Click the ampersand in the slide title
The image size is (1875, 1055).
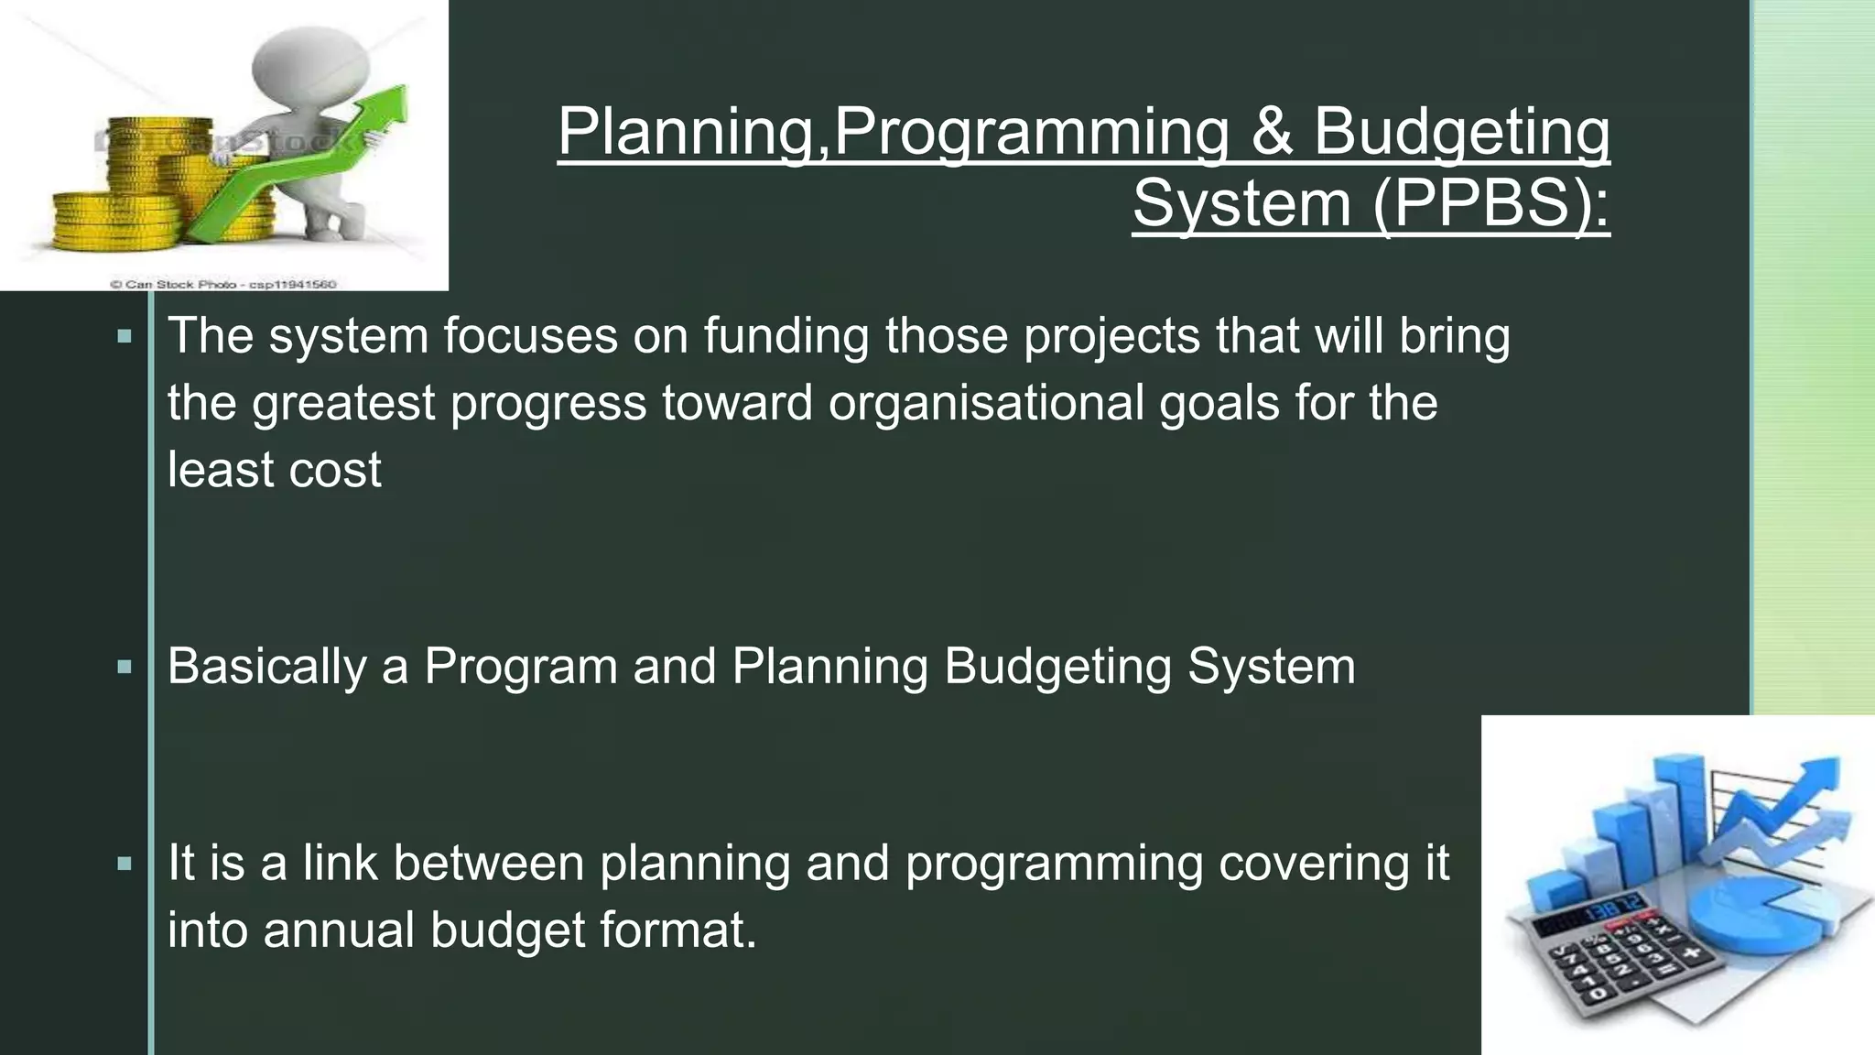[1271, 131]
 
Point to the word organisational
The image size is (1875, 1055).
[986, 403]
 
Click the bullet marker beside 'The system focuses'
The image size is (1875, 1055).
[125, 336]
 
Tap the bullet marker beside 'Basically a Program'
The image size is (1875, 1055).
[125, 667]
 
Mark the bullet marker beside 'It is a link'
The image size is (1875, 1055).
[125, 863]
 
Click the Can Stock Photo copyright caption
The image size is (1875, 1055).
[222, 284]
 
